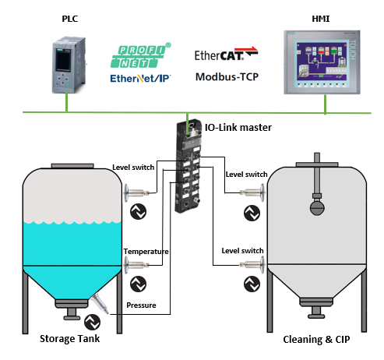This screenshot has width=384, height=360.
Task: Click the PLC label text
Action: [x=70, y=19]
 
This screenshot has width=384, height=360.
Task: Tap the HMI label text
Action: [x=321, y=19]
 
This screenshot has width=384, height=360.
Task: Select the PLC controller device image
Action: [x=69, y=65]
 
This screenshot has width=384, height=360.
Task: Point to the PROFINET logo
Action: [x=140, y=55]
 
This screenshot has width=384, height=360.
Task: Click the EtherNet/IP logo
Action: [x=140, y=78]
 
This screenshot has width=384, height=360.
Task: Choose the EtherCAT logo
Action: [x=226, y=54]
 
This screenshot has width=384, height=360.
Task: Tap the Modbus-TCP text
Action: [x=227, y=77]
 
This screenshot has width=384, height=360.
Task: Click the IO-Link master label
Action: [x=238, y=128]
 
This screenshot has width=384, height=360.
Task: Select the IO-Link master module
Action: [x=188, y=166]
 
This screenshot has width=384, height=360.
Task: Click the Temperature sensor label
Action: [x=146, y=252]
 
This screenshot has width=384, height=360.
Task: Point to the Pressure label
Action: [x=141, y=305]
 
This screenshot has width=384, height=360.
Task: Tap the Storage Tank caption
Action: [x=69, y=339]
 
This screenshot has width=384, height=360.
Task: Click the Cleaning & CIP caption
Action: [x=316, y=340]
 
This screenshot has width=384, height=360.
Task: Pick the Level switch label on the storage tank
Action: [x=133, y=168]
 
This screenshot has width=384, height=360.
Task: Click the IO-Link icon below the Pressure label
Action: [x=93, y=322]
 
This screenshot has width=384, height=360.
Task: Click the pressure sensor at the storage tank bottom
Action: [x=100, y=303]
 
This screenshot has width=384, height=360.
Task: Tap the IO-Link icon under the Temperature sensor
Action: [x=138, y=284]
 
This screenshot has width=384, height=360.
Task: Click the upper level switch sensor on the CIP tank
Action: [x=252, y=192]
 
